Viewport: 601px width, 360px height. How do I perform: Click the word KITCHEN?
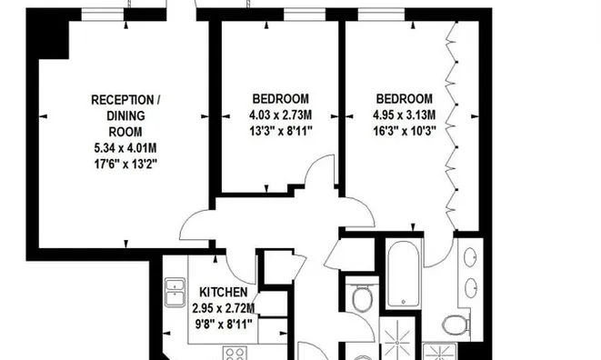[x=224, y=292]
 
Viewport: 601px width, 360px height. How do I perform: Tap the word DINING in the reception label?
[x=125, y=115]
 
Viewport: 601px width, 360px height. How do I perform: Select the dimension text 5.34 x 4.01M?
[x=125, y=148]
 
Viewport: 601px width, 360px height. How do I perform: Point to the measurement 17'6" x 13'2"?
[x=125, y=164]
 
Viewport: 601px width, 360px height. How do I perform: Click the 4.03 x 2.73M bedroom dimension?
[x=281, y=115]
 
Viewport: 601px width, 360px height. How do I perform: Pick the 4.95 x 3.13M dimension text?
[x=405, y=115]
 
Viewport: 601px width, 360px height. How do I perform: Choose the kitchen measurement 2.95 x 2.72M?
[x=224, y=308]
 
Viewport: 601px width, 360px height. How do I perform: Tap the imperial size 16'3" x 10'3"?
[x=405, y=131]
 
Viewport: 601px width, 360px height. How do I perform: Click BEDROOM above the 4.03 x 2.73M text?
[x=281, y=99]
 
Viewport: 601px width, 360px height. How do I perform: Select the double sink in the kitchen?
[x=175, y=293]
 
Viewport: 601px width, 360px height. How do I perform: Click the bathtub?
[x=403, y=273]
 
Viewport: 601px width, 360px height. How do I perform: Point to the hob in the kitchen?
[x=235, y=354]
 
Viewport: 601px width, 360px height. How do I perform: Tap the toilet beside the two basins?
[x=456, y=325]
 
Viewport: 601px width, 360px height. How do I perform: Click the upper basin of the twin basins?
[x=470, y=257]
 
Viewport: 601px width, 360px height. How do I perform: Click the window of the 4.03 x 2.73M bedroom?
[x=305, y=15]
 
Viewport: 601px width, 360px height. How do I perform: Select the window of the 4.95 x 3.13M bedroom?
[x=381, y=15]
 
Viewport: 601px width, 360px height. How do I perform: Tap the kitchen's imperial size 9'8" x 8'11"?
[x=224, y=325]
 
